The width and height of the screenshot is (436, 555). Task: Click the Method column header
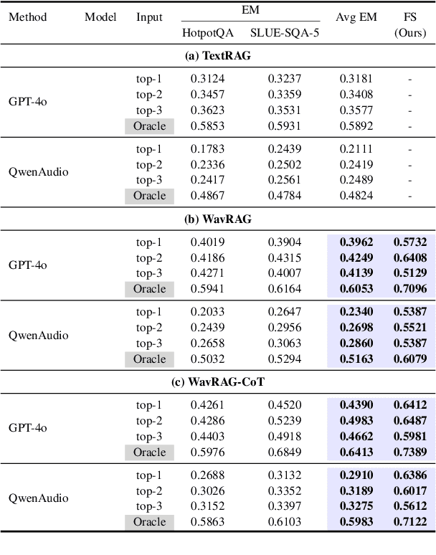27,16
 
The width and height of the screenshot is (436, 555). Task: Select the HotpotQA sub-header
208,32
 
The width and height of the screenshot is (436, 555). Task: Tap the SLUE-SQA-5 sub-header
284,32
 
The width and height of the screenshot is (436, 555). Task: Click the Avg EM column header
356,16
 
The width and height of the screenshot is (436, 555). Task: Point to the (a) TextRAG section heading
218,56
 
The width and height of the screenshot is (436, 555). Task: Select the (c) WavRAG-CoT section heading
218,382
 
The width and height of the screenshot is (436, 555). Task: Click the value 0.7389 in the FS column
410,452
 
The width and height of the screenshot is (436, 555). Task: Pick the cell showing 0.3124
208,78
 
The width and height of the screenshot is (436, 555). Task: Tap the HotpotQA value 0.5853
208,125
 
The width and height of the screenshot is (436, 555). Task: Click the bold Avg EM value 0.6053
356,289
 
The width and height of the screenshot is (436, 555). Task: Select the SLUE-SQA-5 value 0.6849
284,452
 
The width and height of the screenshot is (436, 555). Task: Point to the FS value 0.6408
410,257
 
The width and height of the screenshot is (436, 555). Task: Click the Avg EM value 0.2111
356,148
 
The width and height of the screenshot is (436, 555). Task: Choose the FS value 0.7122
410,521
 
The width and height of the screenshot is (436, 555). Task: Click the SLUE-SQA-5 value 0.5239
284,420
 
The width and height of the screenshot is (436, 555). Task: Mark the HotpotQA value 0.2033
208,312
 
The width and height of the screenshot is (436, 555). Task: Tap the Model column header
101,16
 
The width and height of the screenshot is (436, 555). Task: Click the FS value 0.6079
410,359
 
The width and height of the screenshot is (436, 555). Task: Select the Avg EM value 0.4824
356,195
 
